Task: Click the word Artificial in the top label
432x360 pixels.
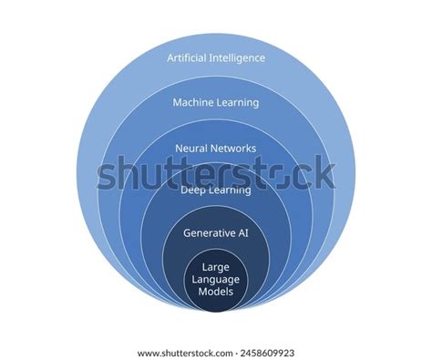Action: click(x=189, y=58)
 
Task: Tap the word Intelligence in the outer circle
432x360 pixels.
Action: click(x=238, y=58)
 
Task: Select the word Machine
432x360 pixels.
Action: click(x=193, y=103)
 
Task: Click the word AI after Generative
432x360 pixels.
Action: click(x=242, y=233)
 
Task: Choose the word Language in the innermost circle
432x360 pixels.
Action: click(x=216, y=280)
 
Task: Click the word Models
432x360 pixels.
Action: click(x=216, y=292)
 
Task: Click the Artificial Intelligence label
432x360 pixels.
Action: click(x=216, y=58)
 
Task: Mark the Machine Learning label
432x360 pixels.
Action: click(x=216, y=103)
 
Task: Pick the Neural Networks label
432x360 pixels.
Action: click(x=216, y=148)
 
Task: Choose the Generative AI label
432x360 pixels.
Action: click(x=216, y=233)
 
